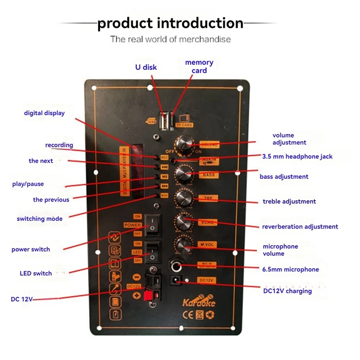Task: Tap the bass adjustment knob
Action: pyautogui.click(x=184, y=173)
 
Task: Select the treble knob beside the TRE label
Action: pyautogui.click(x=183, y=197)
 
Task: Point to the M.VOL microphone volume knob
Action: pyautogui.click(x=183, y=245)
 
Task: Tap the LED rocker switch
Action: pyautogui.click(x=154, y=252)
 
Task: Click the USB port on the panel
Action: pyautogui.click(x=164, y=120)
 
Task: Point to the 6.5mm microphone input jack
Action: pyautogui.click(x=176, y=266)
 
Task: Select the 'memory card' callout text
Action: pyautogui.click(x=199, y=66)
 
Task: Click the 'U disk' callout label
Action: pyautogui.click(x=146, y=67)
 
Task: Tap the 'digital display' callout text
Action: pyautogui.click(x=44, y=113)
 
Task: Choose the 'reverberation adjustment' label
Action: pyautogui.click(x=300, y=226)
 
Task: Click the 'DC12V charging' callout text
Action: pyautogui.click(x=287, y=291)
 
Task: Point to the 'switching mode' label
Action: pyautogui.click(x=40, y=219)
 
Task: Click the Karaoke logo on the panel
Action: pyautogui.click(x=198, y=301)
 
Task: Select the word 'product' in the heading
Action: pyautogui.click(x=123, y=23)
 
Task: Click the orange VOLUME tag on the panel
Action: pyautogui.click(x=209, y=145)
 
